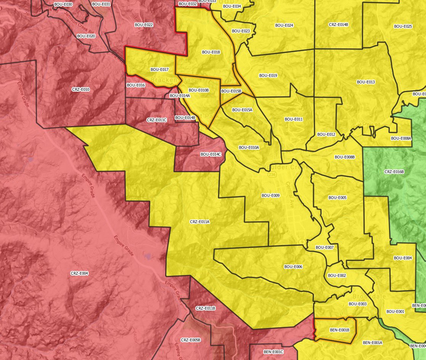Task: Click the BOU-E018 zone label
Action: point(211,52)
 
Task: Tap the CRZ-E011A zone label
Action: point(199,221)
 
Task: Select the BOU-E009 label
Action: point(270,195)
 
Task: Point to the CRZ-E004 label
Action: point(79,273)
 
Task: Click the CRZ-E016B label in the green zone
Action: point(394,172)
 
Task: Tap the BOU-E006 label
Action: point(293,267)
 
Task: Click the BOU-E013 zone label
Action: point(366,82)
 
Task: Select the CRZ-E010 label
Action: point(80,89)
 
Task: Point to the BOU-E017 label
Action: point(159,70)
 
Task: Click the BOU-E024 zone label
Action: point(284,26)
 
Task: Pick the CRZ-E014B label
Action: point(338,24)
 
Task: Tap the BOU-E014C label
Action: point(211,154)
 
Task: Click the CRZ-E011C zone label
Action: point(156,120)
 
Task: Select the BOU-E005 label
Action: point(337,198)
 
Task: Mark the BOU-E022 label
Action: point(144,25)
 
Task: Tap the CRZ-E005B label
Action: point(190,340)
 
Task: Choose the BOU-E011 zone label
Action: point(294,119)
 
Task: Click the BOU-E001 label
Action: point(395,311)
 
